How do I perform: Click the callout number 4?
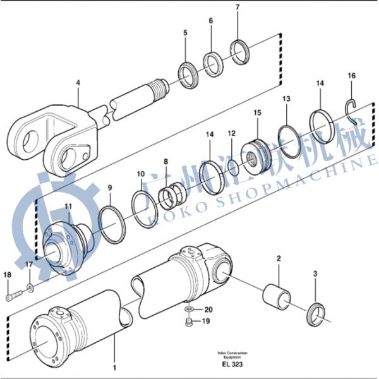click(x=78, y=82)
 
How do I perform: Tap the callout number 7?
click(x=238, y=8)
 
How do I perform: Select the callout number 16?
click(x=352, y=76)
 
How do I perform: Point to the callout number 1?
click(x=114, y=366)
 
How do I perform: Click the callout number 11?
click(x=68, y=207)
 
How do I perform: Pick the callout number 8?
click(x=165, y=162)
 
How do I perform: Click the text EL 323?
click(x=231, y=365)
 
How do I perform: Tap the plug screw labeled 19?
click(x=189, y=324)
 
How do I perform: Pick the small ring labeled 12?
click(x=233, y=167)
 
